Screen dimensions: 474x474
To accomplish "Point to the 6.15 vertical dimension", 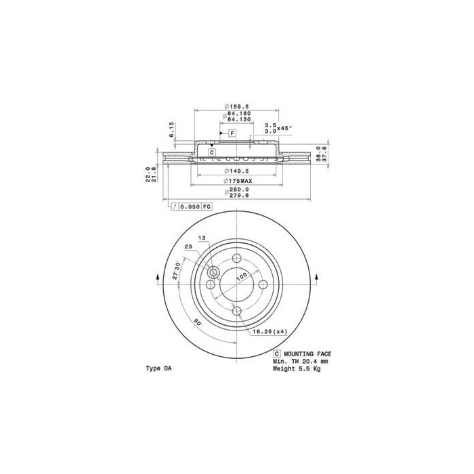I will click(173, 129).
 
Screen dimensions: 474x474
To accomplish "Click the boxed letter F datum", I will click(232, 133).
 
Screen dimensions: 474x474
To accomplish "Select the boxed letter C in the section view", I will click(211, 153).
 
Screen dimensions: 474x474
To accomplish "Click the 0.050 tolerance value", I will click(190, 206).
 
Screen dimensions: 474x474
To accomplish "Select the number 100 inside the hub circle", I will click(240, 276).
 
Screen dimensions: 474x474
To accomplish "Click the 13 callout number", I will click(202, 238).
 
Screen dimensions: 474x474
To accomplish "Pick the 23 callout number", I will click(188, 248).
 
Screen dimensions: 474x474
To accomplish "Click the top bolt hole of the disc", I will click(237, 258).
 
